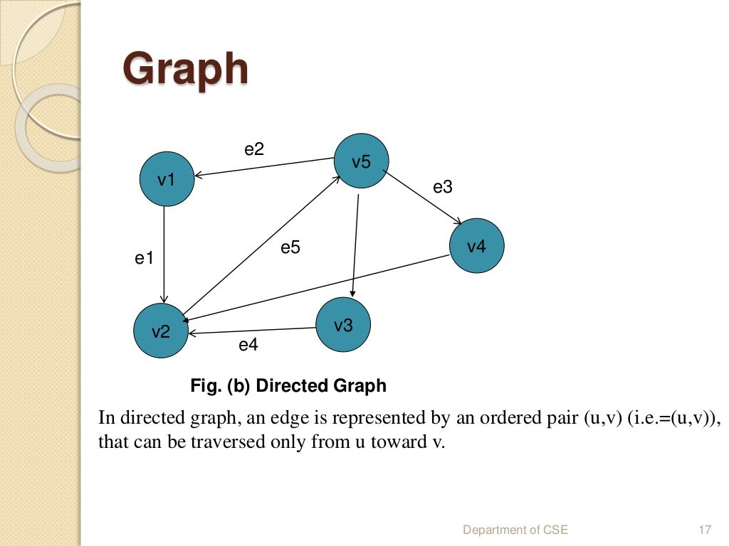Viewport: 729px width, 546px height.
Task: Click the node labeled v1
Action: click(167, 180)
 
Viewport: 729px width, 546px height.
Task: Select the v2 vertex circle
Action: click(161, 331)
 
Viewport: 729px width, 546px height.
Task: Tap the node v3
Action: click(343, 325)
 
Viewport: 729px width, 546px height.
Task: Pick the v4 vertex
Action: click(476, 247)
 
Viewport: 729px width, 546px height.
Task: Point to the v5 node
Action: click(361, 162)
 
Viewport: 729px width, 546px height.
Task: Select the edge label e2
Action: click(254, 149)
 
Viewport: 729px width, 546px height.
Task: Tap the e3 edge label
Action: click(443, 187)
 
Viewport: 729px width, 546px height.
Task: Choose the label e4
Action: click(248, 346)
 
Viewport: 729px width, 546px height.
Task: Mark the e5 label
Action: click(290, 247)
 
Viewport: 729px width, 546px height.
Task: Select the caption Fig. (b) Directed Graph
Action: click(288, 386)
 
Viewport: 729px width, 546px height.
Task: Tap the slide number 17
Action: click(706, 530)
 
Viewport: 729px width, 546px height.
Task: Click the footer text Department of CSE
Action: click(515, 530)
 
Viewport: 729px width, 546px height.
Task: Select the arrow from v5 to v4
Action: click(423, 197)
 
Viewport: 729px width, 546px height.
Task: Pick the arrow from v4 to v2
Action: click(320, 287)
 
